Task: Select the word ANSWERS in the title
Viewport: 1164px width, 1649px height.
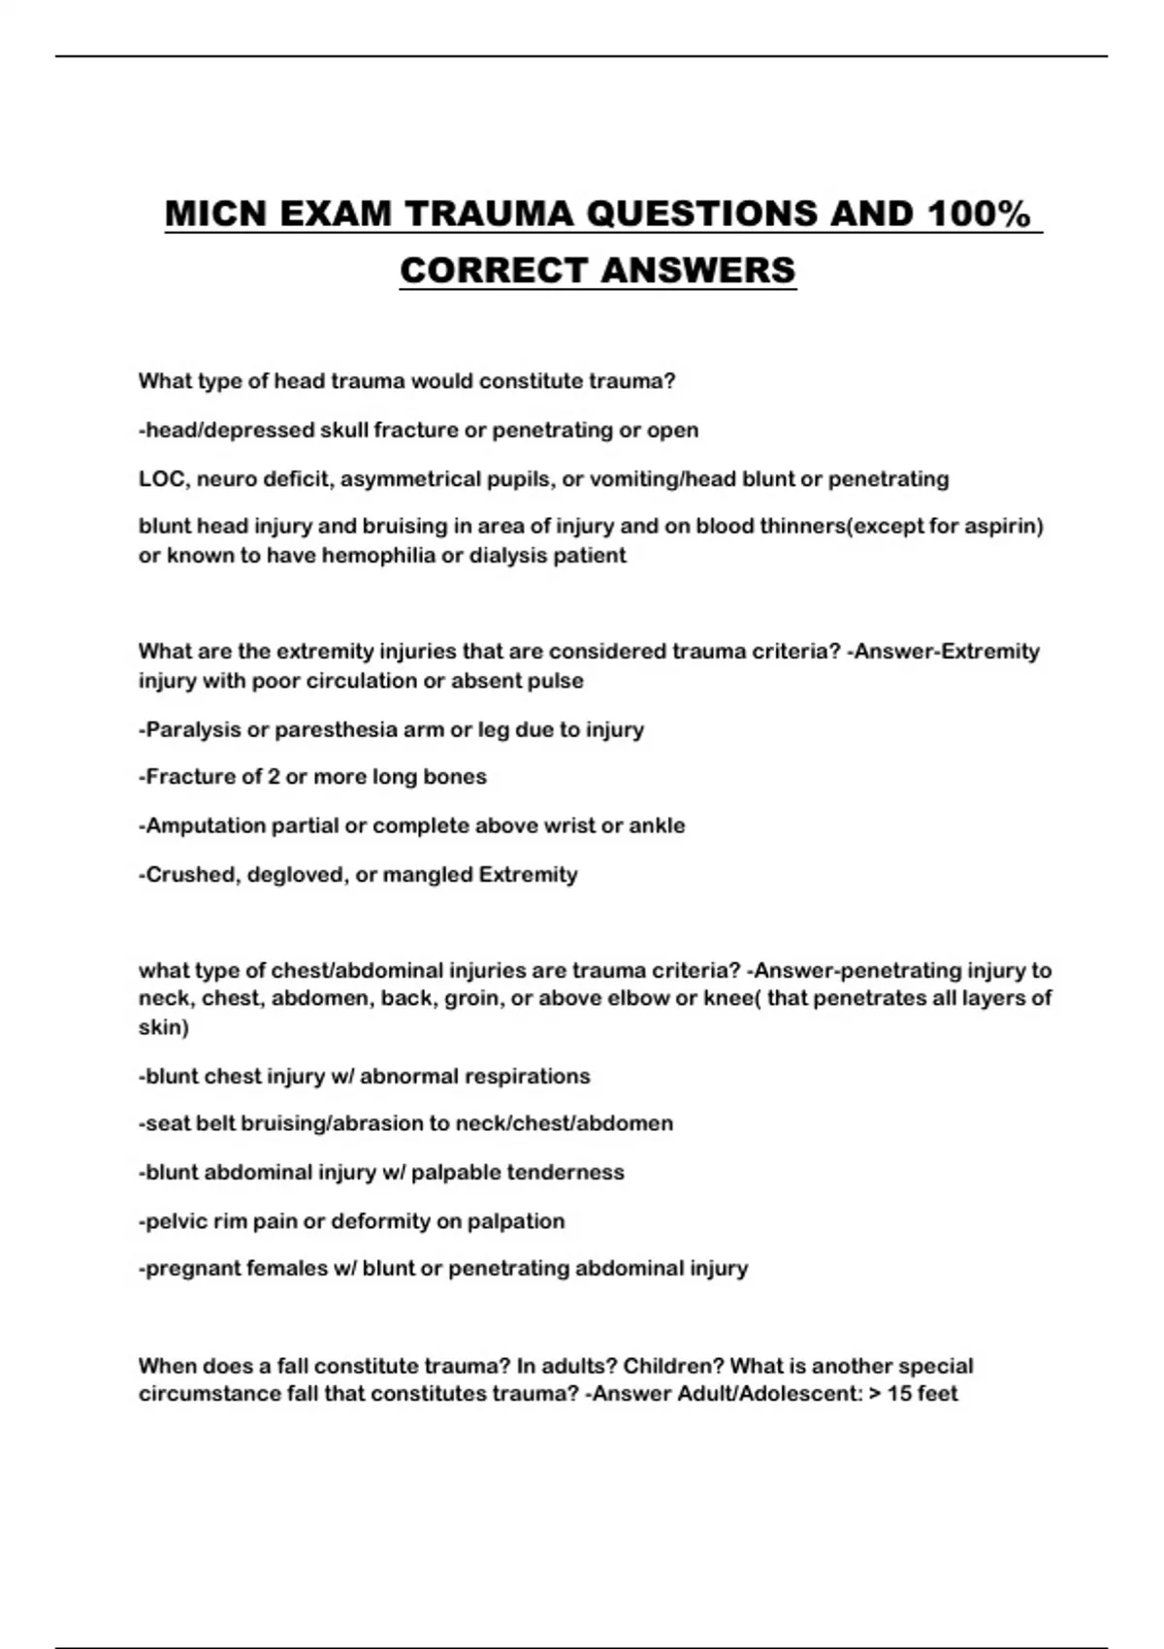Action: coord(697,271)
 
